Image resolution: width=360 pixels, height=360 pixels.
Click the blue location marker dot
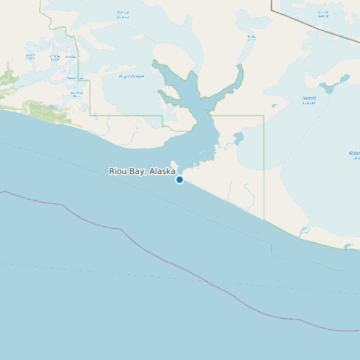(x=179, y=179)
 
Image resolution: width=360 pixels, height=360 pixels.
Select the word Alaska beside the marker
(x=162, y=171)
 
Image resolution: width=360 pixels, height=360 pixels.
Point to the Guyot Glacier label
(x=132, y=76)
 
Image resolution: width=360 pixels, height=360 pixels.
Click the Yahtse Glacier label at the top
(x=123, y=14)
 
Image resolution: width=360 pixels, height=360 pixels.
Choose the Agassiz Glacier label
(x=310, y=100)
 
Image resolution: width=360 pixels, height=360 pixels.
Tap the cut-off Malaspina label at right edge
(x=355, y=155)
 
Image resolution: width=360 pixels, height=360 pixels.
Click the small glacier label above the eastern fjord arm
(x=250, y=37)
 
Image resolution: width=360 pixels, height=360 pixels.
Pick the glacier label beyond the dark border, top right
(x=323, y=14)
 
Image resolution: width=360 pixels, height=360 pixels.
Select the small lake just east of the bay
(x=237, y=139)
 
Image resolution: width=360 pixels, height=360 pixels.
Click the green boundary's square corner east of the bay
(x=264, y=116)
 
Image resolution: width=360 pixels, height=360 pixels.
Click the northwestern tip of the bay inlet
(x=154, y=62)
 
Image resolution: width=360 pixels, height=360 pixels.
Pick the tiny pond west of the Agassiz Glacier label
(x=275, y=105)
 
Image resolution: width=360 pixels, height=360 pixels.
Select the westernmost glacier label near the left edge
(x=30, y=57)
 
